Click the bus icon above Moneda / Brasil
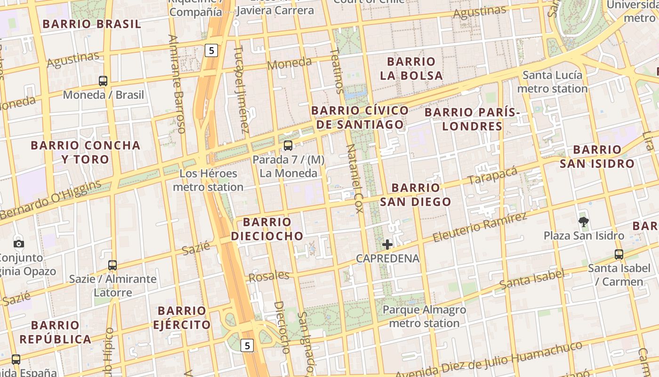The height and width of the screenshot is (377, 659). point(103,81)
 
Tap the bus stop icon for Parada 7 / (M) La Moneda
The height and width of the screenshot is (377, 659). point(288,146)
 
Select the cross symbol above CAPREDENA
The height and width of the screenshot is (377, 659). point(387,244)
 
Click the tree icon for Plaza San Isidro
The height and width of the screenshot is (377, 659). point(584,221)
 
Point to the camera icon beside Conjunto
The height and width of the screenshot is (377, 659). point(19,244)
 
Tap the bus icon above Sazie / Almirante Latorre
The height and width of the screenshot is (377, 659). point(112,265)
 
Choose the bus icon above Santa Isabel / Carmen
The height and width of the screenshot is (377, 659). point(619,254)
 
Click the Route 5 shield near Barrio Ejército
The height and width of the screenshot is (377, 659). point(247,345)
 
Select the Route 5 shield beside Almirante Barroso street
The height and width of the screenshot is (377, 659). point(212,50)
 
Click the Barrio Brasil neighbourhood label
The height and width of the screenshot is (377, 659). point(92,24)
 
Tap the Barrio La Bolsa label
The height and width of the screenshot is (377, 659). point(411,68)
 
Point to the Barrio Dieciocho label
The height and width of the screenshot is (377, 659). point(267,229)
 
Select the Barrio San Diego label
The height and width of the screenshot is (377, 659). point(416,195)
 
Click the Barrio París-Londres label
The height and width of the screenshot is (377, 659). point(473,119)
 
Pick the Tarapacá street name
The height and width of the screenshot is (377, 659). point(492,176)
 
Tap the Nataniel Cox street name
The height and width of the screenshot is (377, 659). point(355,179)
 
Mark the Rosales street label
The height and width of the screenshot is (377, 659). point(269,276)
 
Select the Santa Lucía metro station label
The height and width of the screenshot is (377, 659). point(553,82)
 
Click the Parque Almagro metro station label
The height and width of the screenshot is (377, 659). point(424,316)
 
